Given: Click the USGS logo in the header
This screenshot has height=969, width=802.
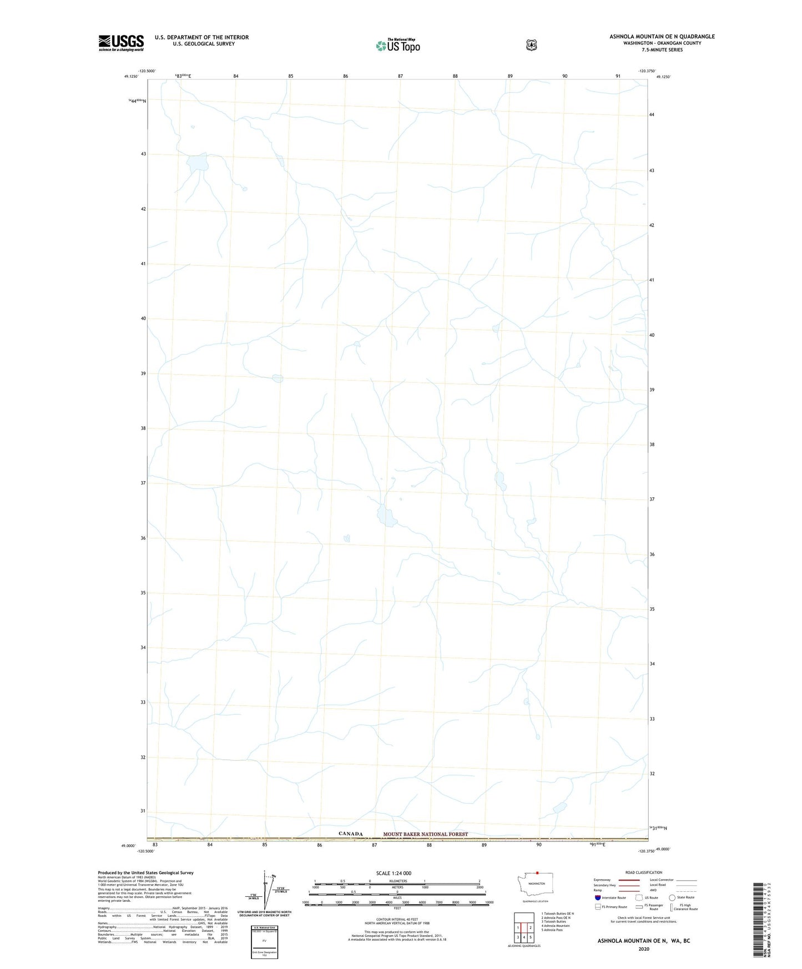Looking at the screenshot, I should click(x=121, y=43).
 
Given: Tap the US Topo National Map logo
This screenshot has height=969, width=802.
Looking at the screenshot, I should click(x=397, y=45).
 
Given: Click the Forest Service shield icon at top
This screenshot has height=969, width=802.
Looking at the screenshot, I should click(x=531, y=45).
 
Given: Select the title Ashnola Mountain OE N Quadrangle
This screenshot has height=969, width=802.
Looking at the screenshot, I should click(x=662, y=37).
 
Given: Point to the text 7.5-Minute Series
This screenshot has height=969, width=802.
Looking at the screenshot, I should click(x=662, y=50).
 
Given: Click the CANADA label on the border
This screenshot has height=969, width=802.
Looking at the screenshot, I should click(x=350, y=834).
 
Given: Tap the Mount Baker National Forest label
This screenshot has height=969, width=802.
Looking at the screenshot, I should click(x=425, y=834).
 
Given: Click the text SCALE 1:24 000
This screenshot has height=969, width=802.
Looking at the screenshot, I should click(x=394, y=873).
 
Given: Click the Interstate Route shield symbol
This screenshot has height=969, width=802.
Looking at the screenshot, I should click(x=597, y=897).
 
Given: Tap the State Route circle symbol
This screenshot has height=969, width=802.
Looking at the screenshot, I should click(x=672, y=897).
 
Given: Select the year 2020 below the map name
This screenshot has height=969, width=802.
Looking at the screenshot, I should click(x=643, y=949).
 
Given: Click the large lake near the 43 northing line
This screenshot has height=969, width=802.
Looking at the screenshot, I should click(x=197, y=163).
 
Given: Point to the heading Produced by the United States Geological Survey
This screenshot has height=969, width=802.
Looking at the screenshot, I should click(x=145, y=873).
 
